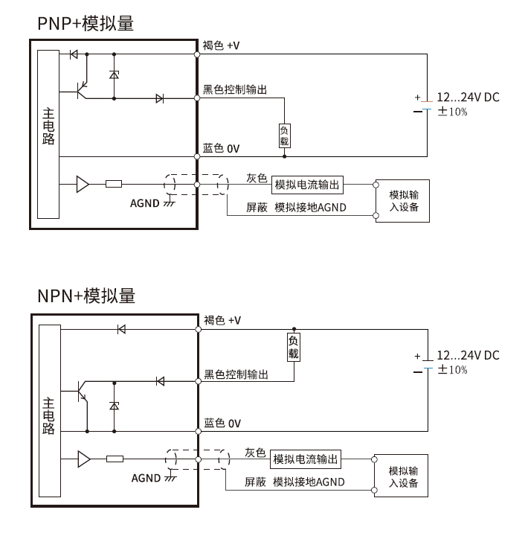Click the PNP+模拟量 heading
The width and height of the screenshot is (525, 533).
coord(86,23)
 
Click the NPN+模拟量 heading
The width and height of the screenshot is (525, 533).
coord(86,296)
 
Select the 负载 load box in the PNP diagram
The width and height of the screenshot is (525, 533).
coord(284,135)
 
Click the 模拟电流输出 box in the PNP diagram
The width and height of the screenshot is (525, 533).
coord(308,185)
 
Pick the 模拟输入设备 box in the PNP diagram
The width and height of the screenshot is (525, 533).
coord(404,200)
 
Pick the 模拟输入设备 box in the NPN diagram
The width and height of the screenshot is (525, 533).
coord(403,476)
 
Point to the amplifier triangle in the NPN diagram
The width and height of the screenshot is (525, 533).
coord(83,459)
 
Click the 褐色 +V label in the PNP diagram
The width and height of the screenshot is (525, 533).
coord(222,46)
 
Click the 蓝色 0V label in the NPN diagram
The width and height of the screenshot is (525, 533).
coord(222,423)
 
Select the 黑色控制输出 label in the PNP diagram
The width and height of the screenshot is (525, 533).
coord(235,89)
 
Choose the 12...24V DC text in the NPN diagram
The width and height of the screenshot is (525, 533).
coord(468,355)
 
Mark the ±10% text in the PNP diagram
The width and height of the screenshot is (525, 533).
coord(452,112)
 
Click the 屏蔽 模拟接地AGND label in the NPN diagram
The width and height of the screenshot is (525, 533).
coord(295,482)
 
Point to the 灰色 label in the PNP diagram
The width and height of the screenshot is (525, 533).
coord(257,178)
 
